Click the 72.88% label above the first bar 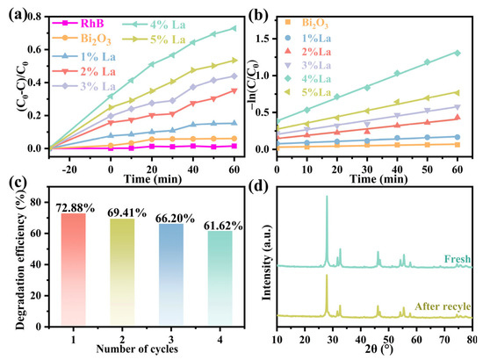76,208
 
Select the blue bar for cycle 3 171,274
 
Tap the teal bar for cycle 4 220,277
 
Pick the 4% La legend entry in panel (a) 154,25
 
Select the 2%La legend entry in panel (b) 307,52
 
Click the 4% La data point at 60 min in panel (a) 234,28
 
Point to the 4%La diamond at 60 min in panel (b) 458,53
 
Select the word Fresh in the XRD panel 458,259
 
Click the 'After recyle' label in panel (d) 443,306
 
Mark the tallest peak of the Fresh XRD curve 327,196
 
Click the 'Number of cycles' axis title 137,349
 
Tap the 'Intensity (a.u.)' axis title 266,263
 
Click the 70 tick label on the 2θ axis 444,340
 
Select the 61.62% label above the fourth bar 223,226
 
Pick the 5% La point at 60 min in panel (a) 234,61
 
